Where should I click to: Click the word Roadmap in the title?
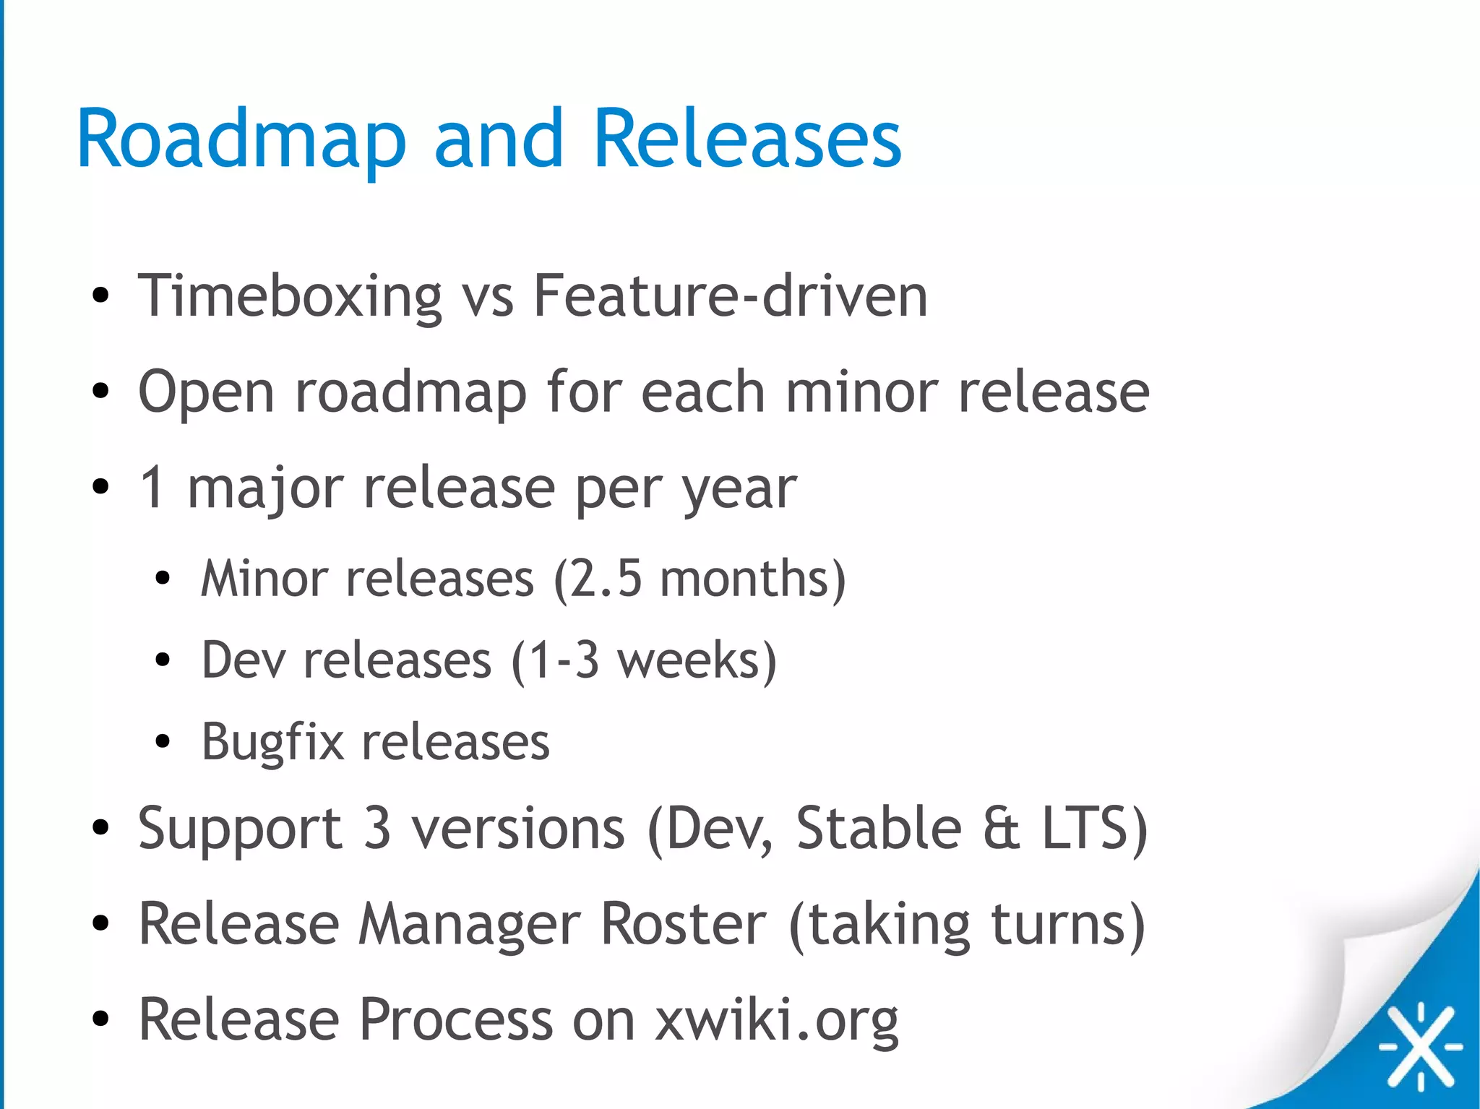[241, 139]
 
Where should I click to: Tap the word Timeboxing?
[290, 295]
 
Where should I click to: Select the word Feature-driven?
[730, 295]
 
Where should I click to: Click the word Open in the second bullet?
[206, 393]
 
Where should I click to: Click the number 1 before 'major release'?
[152, 488]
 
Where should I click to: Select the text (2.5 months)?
[700, 579]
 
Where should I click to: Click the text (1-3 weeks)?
[643, 660]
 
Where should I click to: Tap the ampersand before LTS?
[1001, 829]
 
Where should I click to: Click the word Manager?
[470, 925]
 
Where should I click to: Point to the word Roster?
[683, 924]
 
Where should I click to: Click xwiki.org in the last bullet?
[776, 1020]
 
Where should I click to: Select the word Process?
[456, 1019]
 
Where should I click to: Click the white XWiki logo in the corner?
[1421, 1045]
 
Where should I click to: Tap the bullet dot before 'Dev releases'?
[163, 660]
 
